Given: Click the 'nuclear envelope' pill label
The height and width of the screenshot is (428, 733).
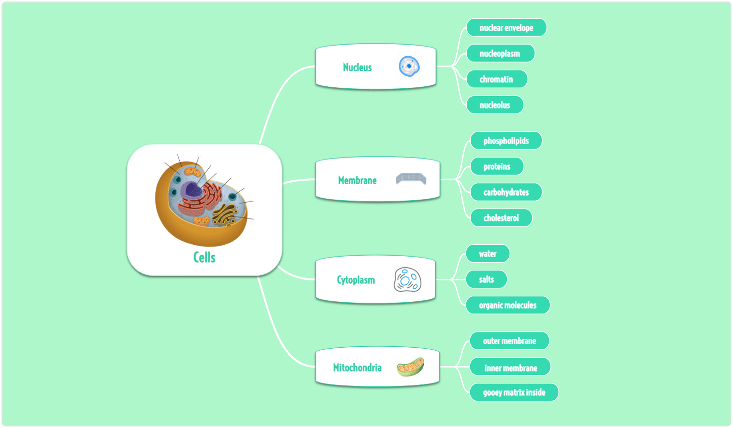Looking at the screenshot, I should [506, 28].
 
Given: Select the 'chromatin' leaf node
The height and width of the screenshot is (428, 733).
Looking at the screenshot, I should [496, 79].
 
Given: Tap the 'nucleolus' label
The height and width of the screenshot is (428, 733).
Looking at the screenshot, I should [494, 105].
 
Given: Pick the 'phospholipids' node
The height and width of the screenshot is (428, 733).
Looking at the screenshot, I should [506, 141].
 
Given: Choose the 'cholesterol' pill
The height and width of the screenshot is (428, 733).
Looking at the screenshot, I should [501, 218].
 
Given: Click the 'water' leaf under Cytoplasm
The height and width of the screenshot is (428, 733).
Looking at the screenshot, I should [488, 254].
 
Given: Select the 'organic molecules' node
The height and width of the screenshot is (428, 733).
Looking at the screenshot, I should [507, 305].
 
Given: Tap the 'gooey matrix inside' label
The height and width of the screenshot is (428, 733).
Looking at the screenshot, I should [514, 392].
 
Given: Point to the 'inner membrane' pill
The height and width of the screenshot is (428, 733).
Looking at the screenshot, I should [510, 367].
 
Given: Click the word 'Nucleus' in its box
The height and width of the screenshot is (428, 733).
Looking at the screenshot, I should [357, 67].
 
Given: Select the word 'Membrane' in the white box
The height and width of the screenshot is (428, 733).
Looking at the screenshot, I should [357, 180].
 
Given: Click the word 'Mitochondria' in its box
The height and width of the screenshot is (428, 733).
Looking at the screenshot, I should [357, 368].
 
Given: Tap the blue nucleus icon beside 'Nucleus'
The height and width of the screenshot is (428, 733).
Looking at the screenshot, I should [409, 66].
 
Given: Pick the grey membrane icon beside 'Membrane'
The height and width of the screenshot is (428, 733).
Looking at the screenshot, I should [411, 179].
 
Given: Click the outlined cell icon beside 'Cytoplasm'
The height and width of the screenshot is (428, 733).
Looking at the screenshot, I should [408, 280].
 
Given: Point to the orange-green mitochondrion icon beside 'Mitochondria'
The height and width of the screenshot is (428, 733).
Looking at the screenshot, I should [410, 367].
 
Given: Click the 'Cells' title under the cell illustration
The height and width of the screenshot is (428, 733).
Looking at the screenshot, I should [204, 257].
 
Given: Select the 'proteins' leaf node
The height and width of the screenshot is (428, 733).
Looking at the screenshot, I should [496, 166].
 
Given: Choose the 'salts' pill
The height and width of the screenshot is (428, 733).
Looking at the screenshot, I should [486, 279].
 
